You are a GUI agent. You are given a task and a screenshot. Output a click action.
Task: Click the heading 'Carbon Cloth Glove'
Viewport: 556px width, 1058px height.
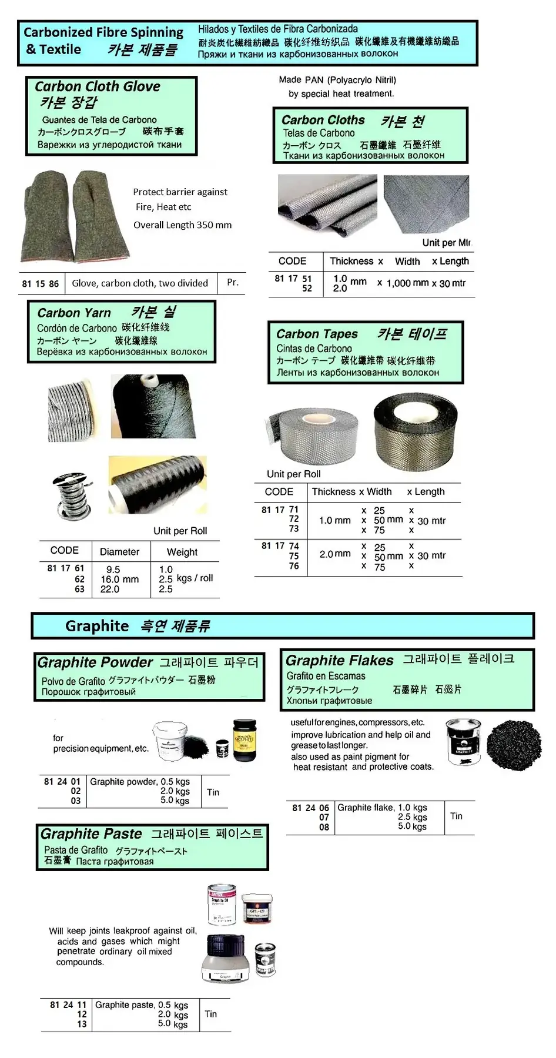click(98, 86)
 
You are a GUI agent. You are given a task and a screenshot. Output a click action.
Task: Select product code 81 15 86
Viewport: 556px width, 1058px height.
click(41, 283)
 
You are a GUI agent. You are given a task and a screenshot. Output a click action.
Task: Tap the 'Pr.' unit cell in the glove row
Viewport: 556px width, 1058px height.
click(233, 282)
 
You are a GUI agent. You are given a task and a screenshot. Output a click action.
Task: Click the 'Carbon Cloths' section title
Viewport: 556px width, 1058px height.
click(323, 120)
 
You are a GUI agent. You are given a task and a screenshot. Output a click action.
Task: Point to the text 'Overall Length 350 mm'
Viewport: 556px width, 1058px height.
click(182, 225)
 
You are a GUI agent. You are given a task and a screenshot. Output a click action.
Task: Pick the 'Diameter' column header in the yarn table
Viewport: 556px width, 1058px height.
click(120, 551)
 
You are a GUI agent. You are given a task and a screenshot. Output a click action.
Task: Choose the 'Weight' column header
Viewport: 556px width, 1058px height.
click(182, 552)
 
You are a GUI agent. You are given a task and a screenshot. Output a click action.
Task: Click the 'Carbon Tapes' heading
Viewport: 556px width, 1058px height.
click(317, 334)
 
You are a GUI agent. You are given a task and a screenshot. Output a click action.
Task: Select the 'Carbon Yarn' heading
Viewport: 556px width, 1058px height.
click(74, 313)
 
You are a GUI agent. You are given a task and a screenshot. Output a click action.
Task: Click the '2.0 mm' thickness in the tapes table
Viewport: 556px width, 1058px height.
click(335, 554)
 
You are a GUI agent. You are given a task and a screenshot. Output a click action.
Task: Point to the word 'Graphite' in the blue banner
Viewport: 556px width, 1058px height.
click(97, 625)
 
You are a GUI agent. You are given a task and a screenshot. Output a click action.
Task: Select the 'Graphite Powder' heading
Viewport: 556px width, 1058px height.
click(95, 662)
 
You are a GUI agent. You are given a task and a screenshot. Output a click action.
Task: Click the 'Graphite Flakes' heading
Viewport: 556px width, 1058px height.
click(340, 660)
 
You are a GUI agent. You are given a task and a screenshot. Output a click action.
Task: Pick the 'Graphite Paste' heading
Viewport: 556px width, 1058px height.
click(91, 833)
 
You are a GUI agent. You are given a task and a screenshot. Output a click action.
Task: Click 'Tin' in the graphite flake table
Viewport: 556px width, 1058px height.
click(456, 816)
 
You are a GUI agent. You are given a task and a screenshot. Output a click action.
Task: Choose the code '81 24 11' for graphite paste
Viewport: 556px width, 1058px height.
click(68, 1005)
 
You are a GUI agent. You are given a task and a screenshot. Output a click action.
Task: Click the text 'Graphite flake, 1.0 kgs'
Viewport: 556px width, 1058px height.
click(382, 808)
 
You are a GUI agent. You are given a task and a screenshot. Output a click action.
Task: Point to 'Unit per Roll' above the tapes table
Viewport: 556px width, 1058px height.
click(294, 474)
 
